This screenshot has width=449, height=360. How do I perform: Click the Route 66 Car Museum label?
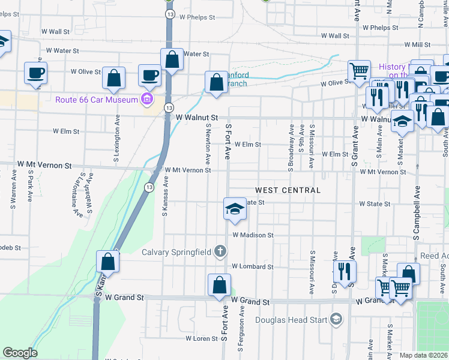click(96, 100)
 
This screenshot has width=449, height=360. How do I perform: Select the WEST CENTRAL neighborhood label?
click(288, 190)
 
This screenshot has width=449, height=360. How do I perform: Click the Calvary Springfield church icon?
click(220, 251)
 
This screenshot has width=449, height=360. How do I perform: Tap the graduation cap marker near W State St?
click(235, 209)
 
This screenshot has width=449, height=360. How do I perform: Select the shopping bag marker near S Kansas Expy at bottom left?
click(108, 261)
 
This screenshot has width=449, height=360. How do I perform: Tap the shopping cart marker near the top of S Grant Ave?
click(359, 70)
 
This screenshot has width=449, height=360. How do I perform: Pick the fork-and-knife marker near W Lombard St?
click(345, 271)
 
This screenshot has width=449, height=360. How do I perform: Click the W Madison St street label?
click(253, 235)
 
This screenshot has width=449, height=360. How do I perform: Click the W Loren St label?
click(201, 338)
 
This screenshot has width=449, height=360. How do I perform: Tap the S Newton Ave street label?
click(208, 145)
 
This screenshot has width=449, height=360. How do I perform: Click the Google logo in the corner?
click(20, 353)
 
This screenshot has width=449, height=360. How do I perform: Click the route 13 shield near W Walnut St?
click(169, 107)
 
